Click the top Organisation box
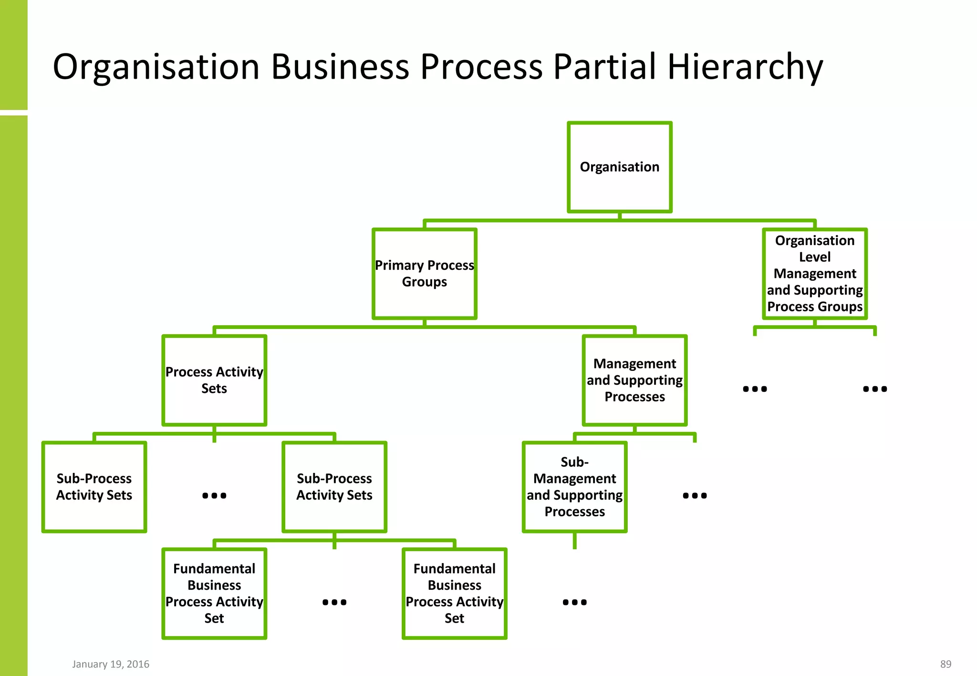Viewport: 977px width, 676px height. click(619, 167)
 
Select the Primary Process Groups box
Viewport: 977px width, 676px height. click(424, 274)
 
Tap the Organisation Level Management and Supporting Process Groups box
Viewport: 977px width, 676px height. click(814, 274)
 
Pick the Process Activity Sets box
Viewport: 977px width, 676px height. click(214, 380)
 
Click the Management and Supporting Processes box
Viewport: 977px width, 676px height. click(634, 380)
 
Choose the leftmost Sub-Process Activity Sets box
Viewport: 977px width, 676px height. click(94, 487)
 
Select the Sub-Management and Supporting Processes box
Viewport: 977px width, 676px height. click(574, 487)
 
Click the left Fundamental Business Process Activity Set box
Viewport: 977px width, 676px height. click(214, 593)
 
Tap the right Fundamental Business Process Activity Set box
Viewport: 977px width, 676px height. click(454, 593)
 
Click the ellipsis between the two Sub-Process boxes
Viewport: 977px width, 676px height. click(214, 496)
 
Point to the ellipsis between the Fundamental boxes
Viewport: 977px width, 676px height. click(334, 603)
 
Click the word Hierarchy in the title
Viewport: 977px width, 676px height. click(745, 67)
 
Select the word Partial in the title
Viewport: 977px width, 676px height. click(604, 67)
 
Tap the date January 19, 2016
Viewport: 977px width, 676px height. click(111, 664)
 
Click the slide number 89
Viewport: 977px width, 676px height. click(946, 664)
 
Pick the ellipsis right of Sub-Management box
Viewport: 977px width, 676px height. click(695, 496)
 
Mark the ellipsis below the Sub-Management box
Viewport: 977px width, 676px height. click(574, 603)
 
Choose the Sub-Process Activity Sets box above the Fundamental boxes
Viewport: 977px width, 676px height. click(334, 487)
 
